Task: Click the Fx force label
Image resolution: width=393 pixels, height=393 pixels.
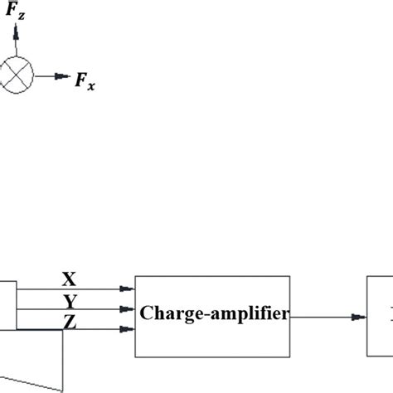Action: [x=85, y=80]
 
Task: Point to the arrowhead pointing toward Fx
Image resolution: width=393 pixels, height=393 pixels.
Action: [x=65, y=76]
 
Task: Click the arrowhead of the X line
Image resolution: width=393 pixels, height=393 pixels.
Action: [x=128, y=289]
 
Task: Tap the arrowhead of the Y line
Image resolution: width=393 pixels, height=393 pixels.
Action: [x=128, y=309]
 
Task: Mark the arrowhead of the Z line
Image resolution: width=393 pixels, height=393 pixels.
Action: [x=128, y=330]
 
